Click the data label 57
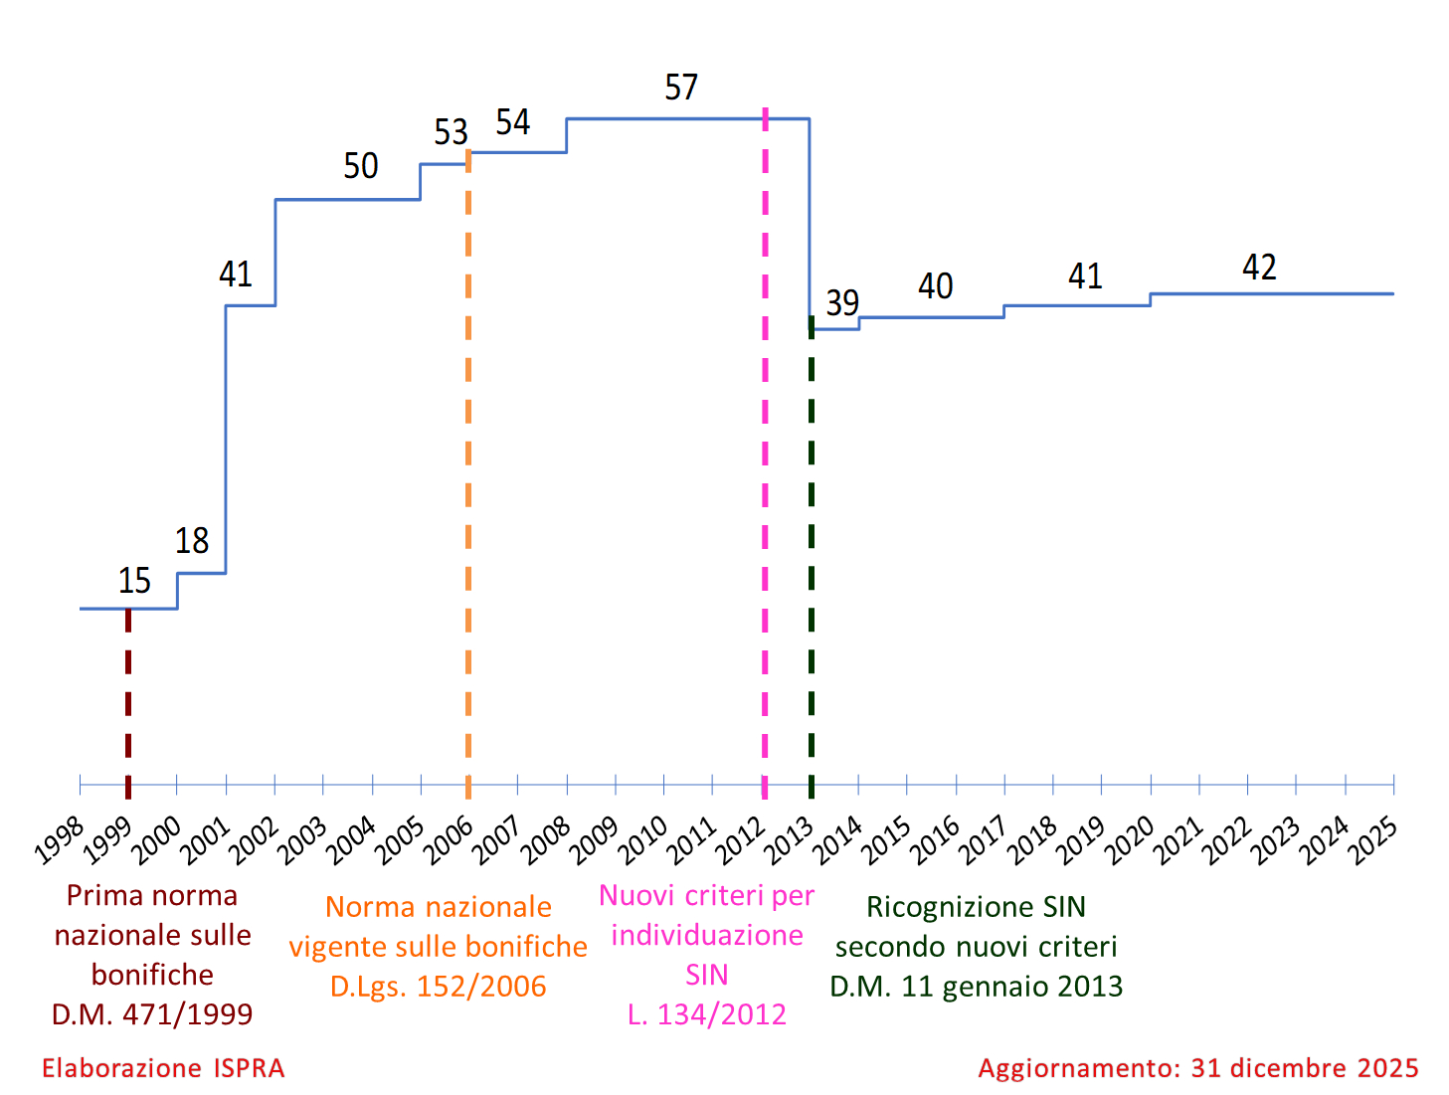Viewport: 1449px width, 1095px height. pos(681,88)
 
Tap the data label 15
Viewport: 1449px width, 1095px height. pos(134,580)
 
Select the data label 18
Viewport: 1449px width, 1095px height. pos(192,540)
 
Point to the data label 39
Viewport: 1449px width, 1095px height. pos(842,302)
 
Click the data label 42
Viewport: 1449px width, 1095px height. pos(1259,267)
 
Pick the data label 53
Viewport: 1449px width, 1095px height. pos(451,131)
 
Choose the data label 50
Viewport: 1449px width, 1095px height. pos(361,165)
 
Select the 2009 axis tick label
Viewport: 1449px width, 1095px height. pos(595,840)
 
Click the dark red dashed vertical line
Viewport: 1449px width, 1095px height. pos(128,696)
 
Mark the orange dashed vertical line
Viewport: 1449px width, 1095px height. pos(468,477)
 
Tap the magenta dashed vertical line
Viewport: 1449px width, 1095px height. pos(765,448)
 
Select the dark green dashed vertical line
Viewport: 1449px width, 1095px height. pos(812,557)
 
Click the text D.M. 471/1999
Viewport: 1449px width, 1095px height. pos(152,1014)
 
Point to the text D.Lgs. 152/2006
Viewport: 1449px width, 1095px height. pos(439,987)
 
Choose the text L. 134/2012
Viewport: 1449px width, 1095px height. pos(707,1014)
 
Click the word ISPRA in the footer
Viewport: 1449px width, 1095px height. pos(249,1068)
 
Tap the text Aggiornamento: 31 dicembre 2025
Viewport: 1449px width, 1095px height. pos(1198,1068)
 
